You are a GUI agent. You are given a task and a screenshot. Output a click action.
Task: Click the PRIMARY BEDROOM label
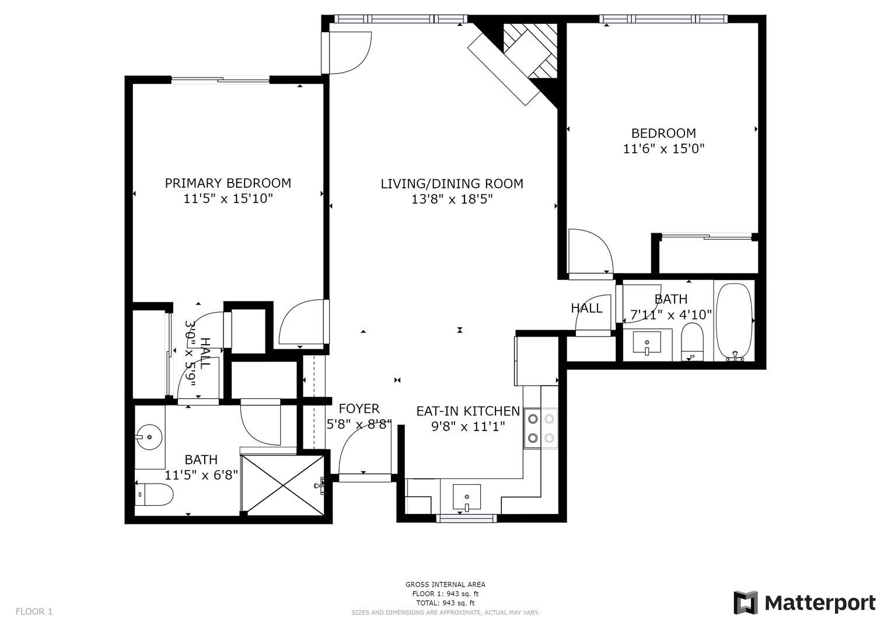[228, 183]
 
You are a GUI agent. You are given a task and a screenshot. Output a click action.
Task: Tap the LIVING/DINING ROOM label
[452, 184]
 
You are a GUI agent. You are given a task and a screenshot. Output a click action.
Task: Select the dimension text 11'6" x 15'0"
[663, 149]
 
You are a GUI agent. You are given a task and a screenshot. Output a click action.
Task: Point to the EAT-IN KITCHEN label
[468, 411]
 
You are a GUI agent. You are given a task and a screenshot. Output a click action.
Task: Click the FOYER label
[359, 409]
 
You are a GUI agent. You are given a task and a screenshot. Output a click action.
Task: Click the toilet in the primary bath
[154, 495]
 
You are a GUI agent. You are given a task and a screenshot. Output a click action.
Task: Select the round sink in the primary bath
[149, 437]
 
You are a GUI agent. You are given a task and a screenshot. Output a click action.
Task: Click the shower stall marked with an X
[282, 485]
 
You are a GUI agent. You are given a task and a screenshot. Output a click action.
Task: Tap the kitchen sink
[467, 497]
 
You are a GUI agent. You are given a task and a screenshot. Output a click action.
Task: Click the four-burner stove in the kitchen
[540, 428]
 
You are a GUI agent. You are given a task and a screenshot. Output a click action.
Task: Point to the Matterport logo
[805, 603]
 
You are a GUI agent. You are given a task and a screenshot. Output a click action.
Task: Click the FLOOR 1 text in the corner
[34, 612]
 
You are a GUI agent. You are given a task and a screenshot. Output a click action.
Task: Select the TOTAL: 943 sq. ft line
[445, 603]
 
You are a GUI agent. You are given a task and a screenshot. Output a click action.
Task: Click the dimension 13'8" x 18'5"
[452, 199]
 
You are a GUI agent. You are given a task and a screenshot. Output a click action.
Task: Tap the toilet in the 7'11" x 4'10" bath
[691, 342]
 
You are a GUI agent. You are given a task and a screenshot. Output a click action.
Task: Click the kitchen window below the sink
[467, 518]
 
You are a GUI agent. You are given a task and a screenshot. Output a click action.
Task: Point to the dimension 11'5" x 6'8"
[201, 475]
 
